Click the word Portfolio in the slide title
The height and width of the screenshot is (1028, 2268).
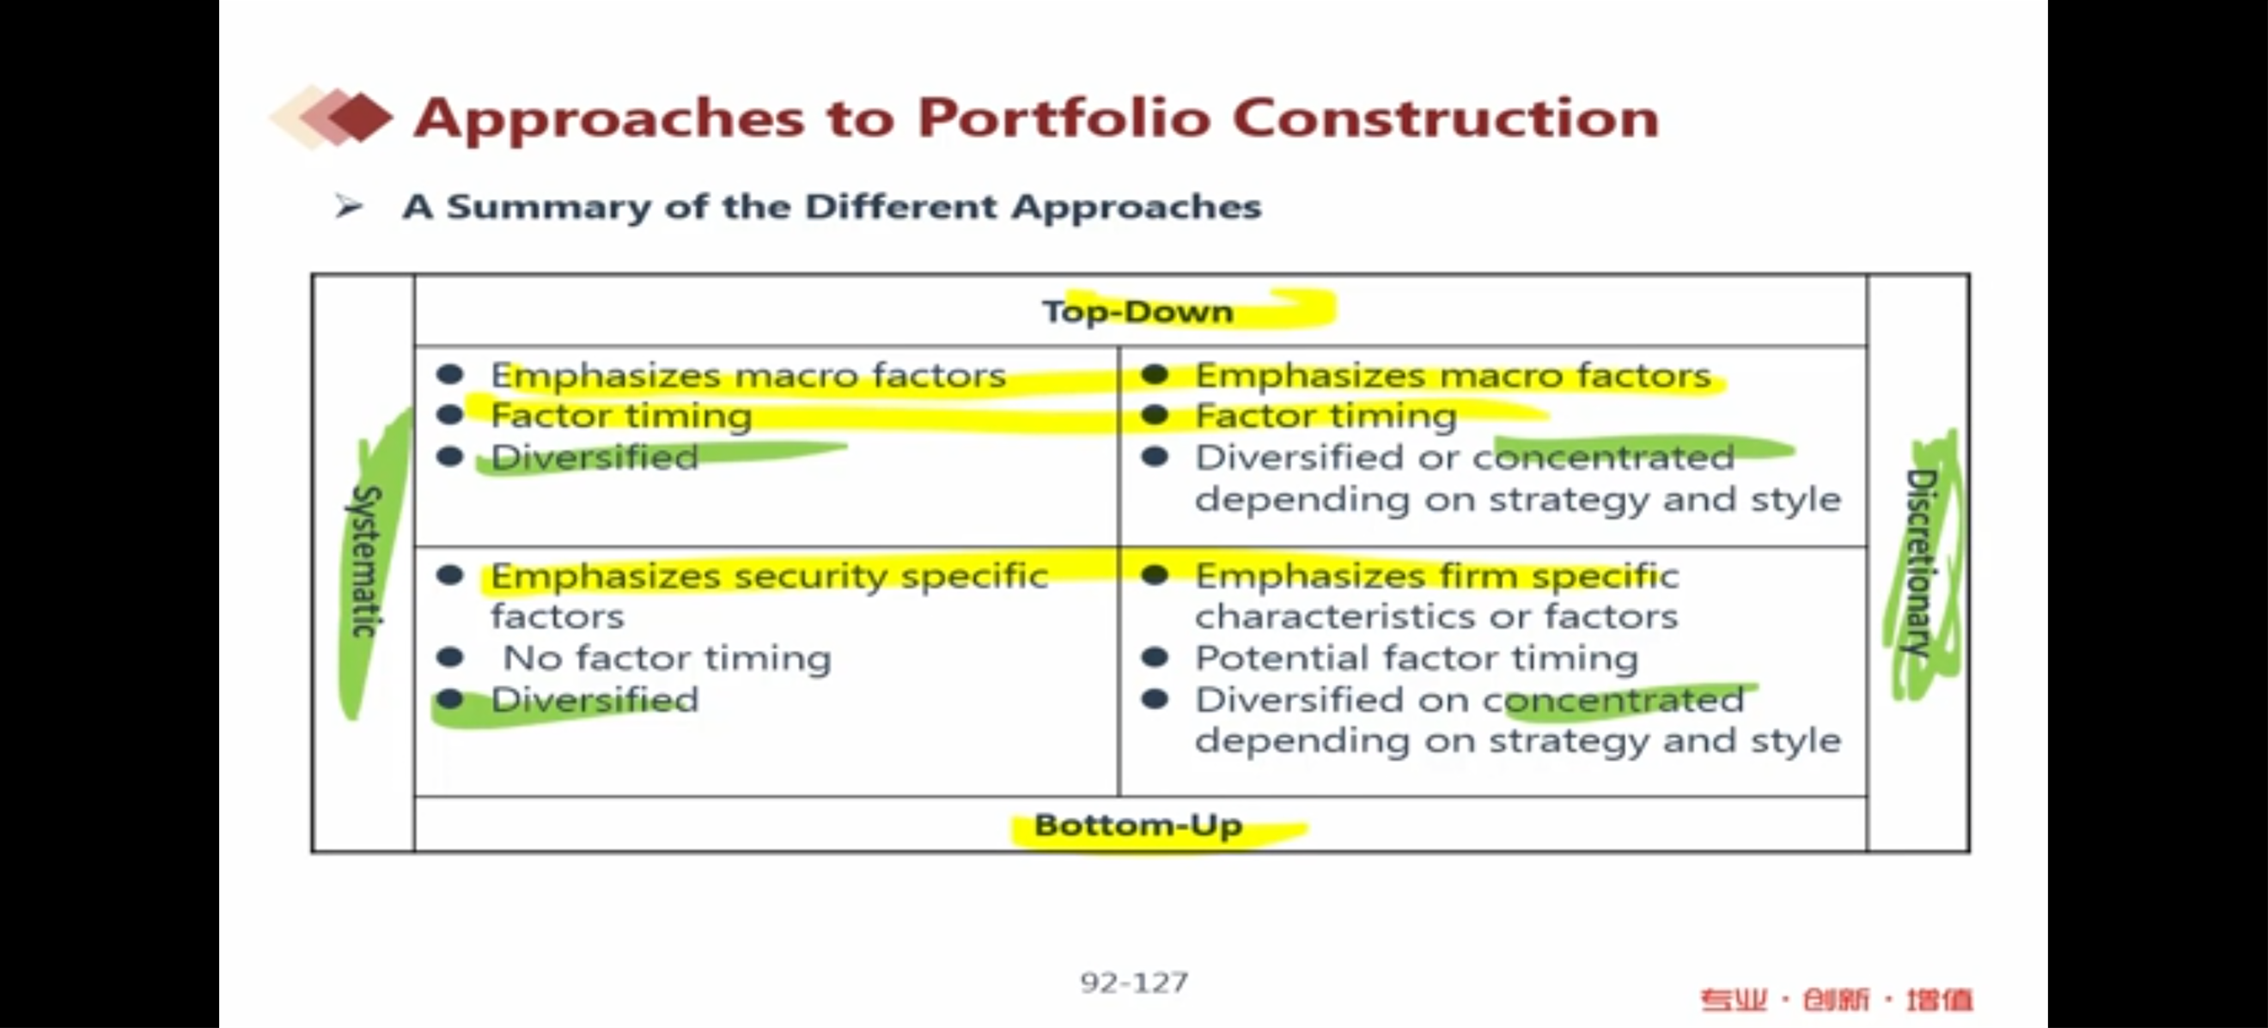click(x=1064, y=119)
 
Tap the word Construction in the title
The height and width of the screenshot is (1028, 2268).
click(x=1446, y=117)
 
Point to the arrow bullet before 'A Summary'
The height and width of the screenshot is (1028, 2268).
click(x=349, y=207)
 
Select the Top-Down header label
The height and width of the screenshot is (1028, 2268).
click(x=1137, y=312)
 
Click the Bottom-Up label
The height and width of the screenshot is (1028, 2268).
click(x=1137, y=825)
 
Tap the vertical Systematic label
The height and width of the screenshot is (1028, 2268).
click(x=366, y=561)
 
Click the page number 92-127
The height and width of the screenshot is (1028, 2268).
click(x=1134, y=982)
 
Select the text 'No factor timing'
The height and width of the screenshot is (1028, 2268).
click(x=667, y=659)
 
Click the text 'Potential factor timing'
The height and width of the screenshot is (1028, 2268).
click(x=1417, y=659)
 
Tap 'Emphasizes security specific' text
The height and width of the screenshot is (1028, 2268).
click(x=770, y=576)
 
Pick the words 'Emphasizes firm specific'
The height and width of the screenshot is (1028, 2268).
click(x=1437, y=576)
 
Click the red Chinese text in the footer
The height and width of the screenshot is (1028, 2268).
click(x=1837, y=1000)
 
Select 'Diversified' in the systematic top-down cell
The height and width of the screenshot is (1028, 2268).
click(x=594, y=457)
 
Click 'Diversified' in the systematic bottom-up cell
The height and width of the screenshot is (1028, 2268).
click(x=594, y=700)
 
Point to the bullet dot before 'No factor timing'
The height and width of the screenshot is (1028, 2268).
click(x=450, y=658)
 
